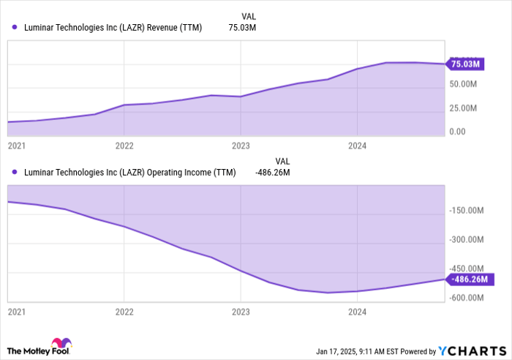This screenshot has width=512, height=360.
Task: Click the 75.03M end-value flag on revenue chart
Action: point(465,64)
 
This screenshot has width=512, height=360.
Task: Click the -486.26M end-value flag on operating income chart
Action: point(471,279)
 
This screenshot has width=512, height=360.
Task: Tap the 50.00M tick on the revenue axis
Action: point(463,85)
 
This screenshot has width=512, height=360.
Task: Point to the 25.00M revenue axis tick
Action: point(463,108)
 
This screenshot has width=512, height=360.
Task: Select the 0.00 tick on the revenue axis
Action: point(458,132)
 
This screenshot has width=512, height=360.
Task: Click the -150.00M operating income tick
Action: point(467,211)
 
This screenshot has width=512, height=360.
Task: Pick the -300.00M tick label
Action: point(467,240)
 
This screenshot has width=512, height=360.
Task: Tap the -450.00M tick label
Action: point(467,269)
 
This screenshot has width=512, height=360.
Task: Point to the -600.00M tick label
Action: point(467,298)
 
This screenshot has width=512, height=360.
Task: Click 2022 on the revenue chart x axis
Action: point(124,146)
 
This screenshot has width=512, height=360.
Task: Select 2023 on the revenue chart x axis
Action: point(240,146)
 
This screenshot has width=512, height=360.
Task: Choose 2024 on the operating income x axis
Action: point(356,312)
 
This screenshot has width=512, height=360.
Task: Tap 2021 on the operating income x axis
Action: point(15,312)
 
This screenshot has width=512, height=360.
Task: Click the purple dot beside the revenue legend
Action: point(15,28)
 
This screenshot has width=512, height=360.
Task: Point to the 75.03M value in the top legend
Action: point(242,28)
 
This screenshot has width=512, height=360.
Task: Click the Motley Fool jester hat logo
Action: point(59,345)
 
